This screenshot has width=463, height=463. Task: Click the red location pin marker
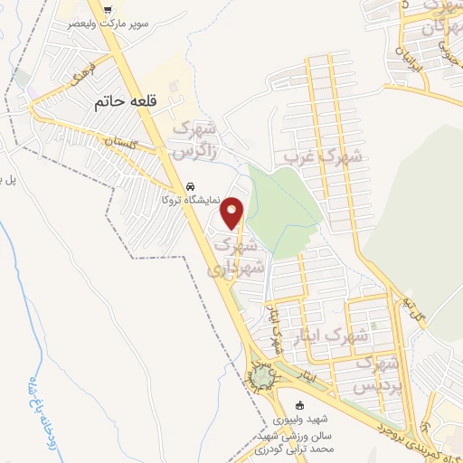click(233, 213)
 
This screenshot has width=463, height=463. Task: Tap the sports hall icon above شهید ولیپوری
click(301, 403)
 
